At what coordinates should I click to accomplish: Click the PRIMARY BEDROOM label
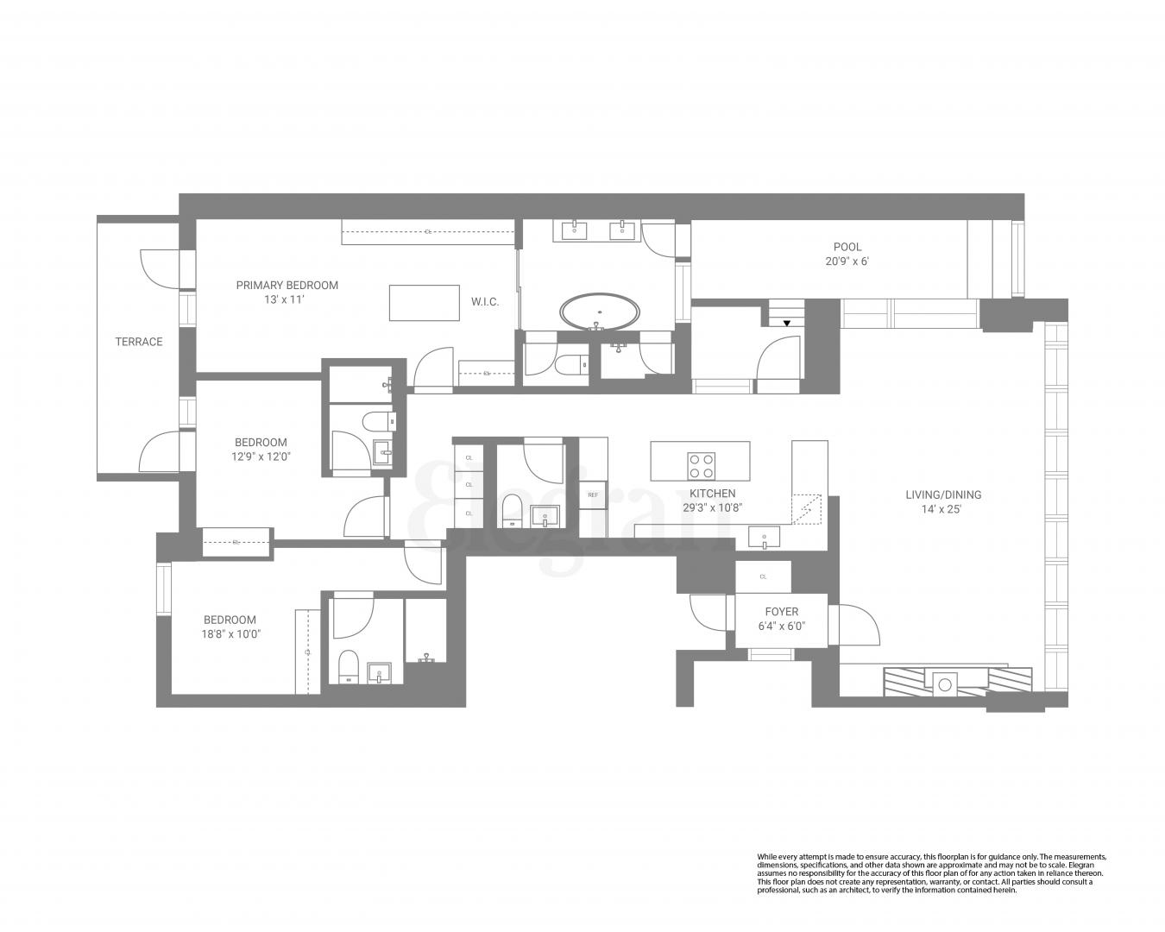(x=287, y=285)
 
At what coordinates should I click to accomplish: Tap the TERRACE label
(x=139, y=342)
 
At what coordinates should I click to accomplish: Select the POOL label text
(x=847, y=247)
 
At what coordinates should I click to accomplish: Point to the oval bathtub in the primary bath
(x=601, y=312)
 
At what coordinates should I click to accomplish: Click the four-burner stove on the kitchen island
(x=701, y=466)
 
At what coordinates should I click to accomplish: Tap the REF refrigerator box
(x=593, y=495)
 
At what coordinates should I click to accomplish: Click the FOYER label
(x=781, y=612)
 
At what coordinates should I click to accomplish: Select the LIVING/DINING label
(x=942, y=494)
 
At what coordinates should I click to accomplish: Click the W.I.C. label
(x=484, y=302)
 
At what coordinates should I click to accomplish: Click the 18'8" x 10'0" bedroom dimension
(x=230, y=633)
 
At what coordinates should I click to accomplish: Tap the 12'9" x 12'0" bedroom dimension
(x=261, y=457)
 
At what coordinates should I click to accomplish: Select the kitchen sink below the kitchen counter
(x=765, y=539)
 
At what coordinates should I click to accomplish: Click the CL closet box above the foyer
(x=763, y=576)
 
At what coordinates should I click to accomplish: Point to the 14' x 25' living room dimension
(x=942, y=509)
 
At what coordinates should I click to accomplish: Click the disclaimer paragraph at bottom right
(x=930, y=873)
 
